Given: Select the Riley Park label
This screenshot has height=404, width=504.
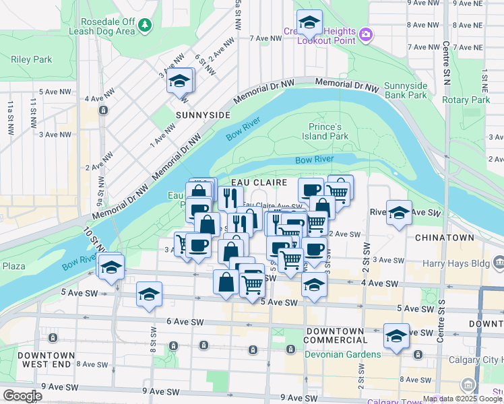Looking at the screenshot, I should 32,59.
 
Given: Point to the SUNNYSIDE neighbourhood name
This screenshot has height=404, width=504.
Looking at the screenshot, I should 203,115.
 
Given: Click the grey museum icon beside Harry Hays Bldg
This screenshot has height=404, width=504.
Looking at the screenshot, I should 499,261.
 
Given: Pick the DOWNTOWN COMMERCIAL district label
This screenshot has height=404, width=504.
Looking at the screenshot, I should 335,336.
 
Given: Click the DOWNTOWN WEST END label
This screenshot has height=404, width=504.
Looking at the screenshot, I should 46,360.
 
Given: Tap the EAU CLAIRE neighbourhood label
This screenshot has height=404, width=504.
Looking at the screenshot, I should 259,182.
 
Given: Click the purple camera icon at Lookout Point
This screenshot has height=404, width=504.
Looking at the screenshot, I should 365,34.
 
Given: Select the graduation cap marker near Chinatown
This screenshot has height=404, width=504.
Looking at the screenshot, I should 399,213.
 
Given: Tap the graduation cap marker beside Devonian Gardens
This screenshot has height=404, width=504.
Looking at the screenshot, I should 396,335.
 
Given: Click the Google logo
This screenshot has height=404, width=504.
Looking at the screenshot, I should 22,396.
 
